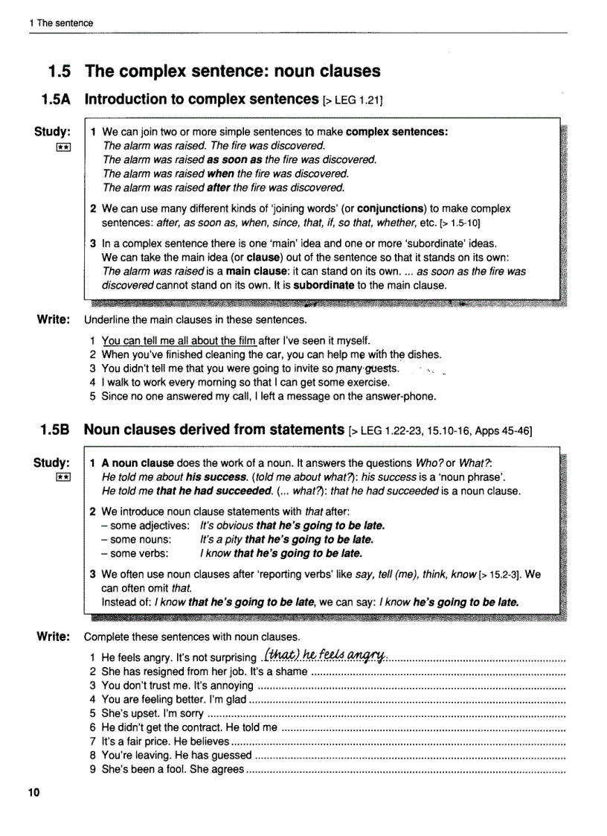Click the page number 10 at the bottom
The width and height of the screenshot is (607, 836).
(x=33, y=792)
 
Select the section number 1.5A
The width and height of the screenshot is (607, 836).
(x=55, y=99)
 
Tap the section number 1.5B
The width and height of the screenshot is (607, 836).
(x=55, y=430)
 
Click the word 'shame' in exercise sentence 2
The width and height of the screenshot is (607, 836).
(x=291, y=671)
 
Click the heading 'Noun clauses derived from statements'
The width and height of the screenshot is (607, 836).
(x=213, y=430)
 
